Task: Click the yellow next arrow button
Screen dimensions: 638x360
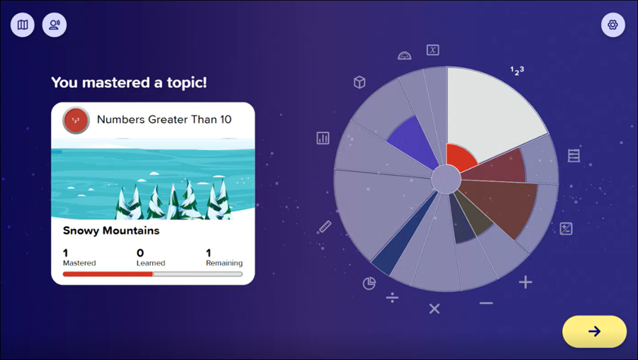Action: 594,332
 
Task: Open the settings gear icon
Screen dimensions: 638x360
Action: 612,25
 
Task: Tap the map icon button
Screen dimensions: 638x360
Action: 23,25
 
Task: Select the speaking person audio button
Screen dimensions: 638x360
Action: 55,25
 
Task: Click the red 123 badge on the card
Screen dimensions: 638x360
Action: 76,120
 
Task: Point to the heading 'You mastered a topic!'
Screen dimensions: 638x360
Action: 129,83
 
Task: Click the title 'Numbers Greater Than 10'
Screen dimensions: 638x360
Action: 164,119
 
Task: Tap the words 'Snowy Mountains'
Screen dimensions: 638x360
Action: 111,230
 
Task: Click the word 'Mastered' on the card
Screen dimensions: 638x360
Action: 79,263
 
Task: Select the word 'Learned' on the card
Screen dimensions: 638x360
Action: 150,263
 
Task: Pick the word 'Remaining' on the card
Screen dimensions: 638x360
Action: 224,263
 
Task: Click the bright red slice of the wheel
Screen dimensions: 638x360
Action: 459,157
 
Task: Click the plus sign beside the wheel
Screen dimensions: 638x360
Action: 525,282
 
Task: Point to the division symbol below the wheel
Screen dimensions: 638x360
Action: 392,298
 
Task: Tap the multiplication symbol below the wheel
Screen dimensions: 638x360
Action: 435,309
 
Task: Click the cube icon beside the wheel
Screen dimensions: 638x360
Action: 359,82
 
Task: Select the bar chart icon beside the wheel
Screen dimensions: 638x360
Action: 323,138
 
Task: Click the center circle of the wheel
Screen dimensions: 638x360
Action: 446,179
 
